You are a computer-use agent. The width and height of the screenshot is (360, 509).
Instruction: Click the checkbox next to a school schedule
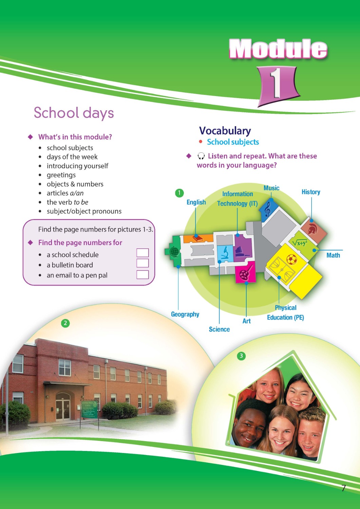click(x=143, y=253)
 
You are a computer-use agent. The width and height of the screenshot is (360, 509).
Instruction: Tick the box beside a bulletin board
click(x=143, y=263)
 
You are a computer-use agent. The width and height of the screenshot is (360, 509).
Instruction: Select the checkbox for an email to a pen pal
click(x=143, y=275)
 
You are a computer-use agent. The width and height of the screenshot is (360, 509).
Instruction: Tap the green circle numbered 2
click(x=65, y=323)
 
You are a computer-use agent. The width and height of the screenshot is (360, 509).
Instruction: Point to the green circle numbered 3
click(x=241, y=356)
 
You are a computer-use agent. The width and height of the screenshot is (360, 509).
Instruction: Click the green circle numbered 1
click(x=179, y=193)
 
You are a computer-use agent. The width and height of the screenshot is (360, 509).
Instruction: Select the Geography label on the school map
click(x=185, y=314)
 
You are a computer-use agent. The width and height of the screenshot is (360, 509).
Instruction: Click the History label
click(x=311, y=192)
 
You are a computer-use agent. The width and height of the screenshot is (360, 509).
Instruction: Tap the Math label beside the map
click(x=333, y=255)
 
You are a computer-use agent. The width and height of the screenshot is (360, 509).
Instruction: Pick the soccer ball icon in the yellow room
click(x=291, y=260)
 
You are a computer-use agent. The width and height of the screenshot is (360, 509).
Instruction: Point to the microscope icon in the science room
click(x=224, y=253)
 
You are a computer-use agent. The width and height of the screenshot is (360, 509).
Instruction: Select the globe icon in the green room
click(x=174, y=251)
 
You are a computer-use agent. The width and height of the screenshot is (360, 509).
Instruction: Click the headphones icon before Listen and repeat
click(x=201, y=156)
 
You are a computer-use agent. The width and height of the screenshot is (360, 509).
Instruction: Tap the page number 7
click(x=343, y=488)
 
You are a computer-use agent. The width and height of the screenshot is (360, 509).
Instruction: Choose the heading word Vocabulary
click(x=225, y=131)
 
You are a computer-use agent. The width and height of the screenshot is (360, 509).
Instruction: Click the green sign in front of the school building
click(x=89, y=409)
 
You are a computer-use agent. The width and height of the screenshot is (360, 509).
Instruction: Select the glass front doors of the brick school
click(x=63, y=409)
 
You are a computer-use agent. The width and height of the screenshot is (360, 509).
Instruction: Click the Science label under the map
click(x=219, y=329)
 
